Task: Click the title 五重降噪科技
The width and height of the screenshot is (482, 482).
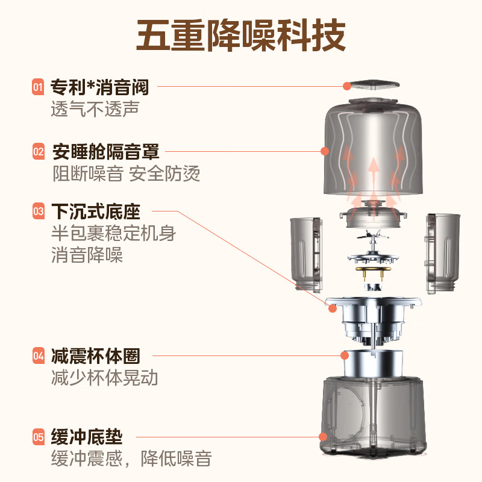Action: tap(241, 34)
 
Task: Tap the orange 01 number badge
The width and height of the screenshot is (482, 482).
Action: tap(38, 87)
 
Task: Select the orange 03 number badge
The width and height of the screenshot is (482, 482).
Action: tap(39, 211)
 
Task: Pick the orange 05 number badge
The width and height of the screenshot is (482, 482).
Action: tap(39, 437)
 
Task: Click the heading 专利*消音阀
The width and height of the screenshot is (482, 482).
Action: tap(99, 87)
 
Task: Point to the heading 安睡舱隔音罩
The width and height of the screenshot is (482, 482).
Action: tap(106, 152)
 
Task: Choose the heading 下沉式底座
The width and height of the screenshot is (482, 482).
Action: tap(96, 211)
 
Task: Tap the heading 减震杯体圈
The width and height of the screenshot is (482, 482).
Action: tap(96, 356)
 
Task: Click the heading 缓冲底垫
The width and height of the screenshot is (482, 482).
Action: tap(87, 437)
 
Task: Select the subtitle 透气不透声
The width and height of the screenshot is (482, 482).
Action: tap(95, 109)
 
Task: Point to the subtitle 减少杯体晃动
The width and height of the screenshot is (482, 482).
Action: tap(104, 378)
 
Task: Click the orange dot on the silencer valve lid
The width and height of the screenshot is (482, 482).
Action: tap(347, 86)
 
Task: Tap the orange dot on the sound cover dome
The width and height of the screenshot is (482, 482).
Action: tap(325, 151)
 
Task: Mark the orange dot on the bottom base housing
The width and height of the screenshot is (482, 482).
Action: tap(323, 436)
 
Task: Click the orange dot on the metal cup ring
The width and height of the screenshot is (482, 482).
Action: tap(345, 355)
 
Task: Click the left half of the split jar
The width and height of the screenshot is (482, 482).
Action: tap(306, 255)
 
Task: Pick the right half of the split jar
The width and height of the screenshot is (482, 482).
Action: tap(443, 254)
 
